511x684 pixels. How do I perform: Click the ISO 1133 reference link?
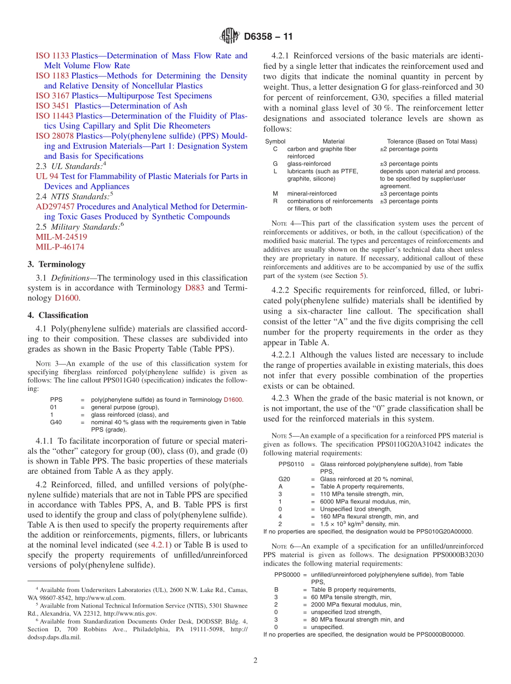coord(53,55)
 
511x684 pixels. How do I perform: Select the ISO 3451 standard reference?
coord(53,106)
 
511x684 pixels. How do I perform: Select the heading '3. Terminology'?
coord(56,265)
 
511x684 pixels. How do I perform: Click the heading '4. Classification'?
coord(58,315)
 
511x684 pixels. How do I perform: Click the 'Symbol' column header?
coord(275,141)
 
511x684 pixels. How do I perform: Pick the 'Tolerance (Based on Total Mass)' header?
coord(432,141)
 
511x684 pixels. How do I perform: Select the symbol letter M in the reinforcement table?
coord(275,194)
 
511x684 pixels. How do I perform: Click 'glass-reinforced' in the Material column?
coord(309,163)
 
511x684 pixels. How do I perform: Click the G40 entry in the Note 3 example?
coord(56,422)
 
